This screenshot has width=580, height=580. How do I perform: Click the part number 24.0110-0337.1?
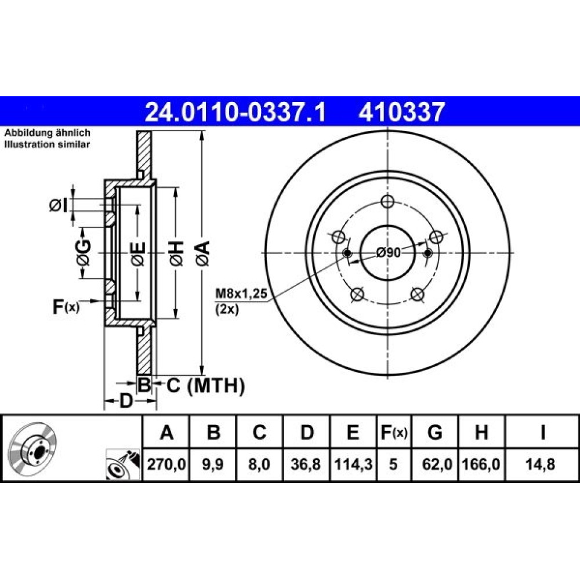click(235, 112)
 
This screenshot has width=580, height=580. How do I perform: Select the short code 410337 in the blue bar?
click(401, 112)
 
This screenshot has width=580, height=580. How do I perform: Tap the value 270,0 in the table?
click(166, 464)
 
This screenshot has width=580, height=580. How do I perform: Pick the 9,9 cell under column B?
click(213, 464)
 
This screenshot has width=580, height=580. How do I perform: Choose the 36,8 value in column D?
click(306, 464)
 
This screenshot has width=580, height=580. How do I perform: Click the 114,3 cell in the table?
click(353, 464)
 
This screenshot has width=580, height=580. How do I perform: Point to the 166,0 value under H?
click(481, 464)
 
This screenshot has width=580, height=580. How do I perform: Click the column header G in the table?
click(434, 432)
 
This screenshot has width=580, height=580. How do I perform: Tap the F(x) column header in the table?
click(394, 432)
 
